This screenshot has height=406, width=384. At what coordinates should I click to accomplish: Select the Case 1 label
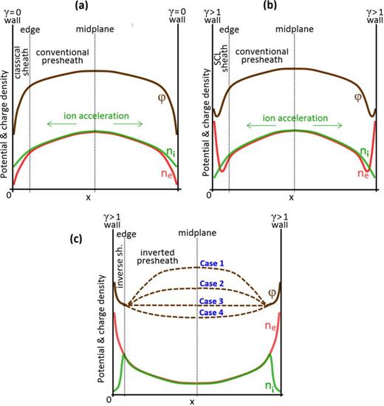pyautogui.click(x=213, y=264)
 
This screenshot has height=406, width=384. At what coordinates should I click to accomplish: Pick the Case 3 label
pyautogui.click(x=213, y=300)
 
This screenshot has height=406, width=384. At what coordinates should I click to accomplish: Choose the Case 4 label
pyautogui.click(x=213, y=313)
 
